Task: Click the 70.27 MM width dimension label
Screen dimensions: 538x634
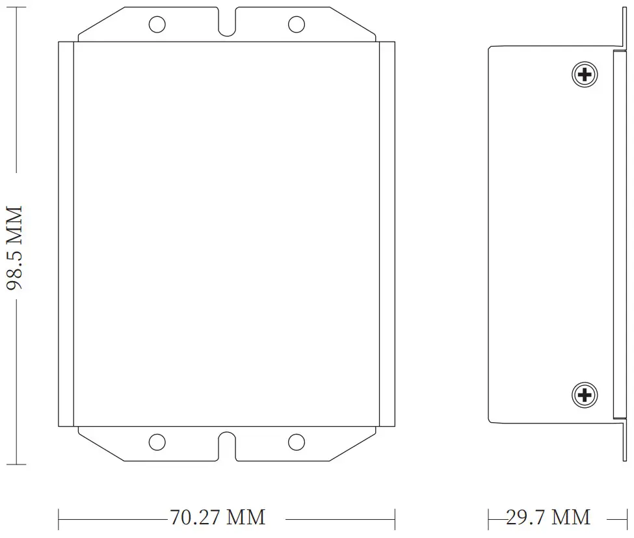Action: point(218,518)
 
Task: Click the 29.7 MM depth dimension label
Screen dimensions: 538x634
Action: point(548,518)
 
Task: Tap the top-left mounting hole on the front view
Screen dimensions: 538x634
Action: point(157,25)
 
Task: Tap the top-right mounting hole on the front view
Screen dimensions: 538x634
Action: point(296,25)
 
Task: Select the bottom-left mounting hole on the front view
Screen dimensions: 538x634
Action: point(157,442)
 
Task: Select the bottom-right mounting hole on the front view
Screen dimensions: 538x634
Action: point(296,442)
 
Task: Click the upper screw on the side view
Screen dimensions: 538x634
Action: point(585,74)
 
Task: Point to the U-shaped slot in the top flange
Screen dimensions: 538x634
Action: point(226,23)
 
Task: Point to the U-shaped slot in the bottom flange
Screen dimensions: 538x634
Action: point(226,444)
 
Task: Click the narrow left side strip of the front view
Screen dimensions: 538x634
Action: point(66,234)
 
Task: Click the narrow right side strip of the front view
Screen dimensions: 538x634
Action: point(387,234)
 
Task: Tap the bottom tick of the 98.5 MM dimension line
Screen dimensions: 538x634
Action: point(16,464)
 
